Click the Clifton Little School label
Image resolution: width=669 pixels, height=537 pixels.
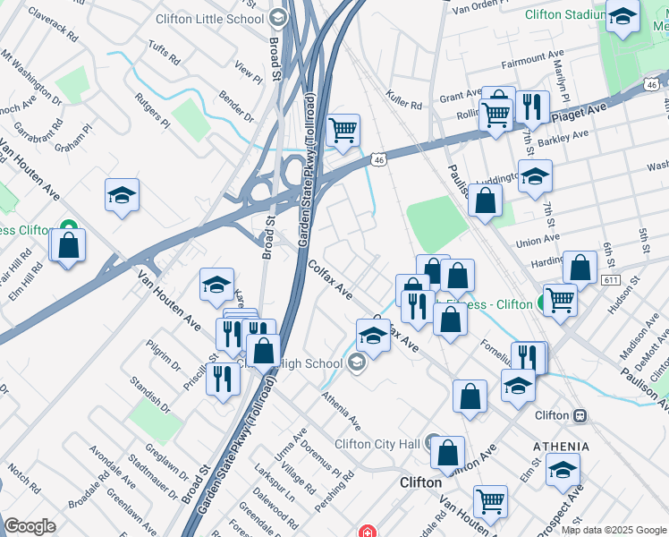tap(210, 18)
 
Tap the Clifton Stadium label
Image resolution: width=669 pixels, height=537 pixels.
tap(555, 14)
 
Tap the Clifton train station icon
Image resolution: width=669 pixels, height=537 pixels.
tap(580, 415)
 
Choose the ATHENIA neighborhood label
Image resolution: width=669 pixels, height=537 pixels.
tap(561, 447)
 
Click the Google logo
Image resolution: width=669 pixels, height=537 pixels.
tap(30, 526)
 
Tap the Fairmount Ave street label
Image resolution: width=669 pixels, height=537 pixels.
tap(535, 60)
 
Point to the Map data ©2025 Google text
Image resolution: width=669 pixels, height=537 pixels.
tap(614, 530)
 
